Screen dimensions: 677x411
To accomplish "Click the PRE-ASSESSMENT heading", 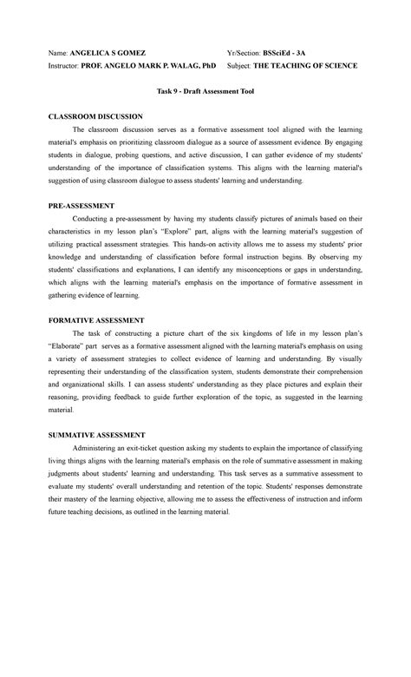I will [x=82, y=206].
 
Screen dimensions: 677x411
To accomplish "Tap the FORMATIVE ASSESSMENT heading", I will [x=95, y=320].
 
